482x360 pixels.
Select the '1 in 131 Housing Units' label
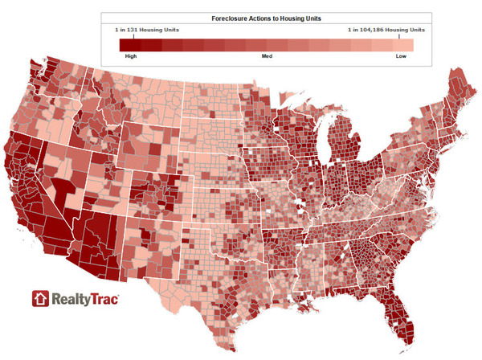pyautogui.click(x=148, y=30)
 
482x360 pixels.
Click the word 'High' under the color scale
pyautogui.click(x=131, y=56)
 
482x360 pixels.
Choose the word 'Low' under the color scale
pyautogui.click(x=400, y=56)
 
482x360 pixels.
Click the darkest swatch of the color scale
pyautogui.click(x=130, y=45)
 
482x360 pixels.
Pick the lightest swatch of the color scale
pyautogui.click(x=403, y=45)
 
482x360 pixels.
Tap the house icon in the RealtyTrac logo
pyautogui.click(x=41, y=299)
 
